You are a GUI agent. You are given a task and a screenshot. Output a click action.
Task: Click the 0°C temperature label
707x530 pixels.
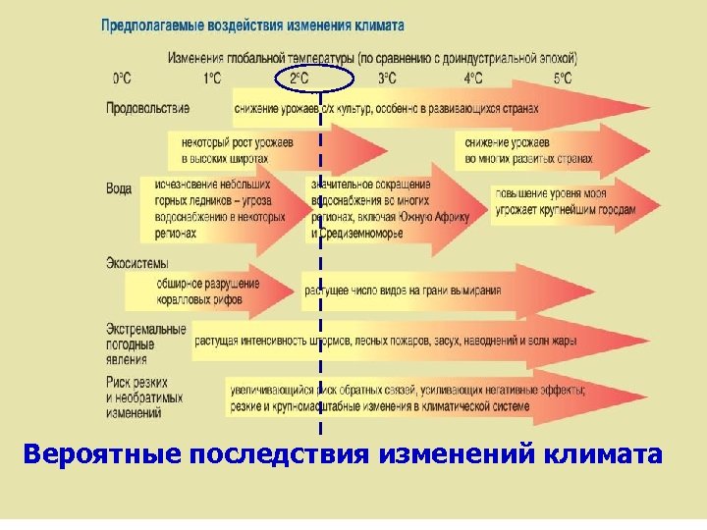123,78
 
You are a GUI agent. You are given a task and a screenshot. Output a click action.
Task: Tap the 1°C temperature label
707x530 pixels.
211,78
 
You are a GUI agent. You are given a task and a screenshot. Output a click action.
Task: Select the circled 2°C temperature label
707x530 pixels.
299,78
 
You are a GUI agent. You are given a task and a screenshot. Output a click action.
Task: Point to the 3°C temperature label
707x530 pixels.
387,78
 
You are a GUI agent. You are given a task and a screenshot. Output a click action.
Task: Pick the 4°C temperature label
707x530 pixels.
473,78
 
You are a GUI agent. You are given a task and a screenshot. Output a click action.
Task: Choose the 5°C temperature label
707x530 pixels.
562,78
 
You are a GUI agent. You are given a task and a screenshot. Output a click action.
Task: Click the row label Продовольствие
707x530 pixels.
147,107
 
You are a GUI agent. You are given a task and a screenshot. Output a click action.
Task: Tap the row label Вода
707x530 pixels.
119,187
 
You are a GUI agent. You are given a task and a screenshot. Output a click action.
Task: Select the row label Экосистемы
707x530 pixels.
136,263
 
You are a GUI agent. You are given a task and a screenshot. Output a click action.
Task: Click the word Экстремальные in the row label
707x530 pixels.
146,328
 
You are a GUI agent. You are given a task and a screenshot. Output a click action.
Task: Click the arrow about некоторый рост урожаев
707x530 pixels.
245,149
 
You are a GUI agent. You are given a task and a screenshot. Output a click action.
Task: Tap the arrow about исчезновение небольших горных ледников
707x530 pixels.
216,209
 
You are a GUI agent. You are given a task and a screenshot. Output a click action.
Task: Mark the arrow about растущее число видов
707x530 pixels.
412,291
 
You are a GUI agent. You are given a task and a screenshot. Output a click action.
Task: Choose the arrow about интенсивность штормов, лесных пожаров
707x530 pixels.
393,341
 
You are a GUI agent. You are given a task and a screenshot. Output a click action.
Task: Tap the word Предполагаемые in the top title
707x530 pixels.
148,26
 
